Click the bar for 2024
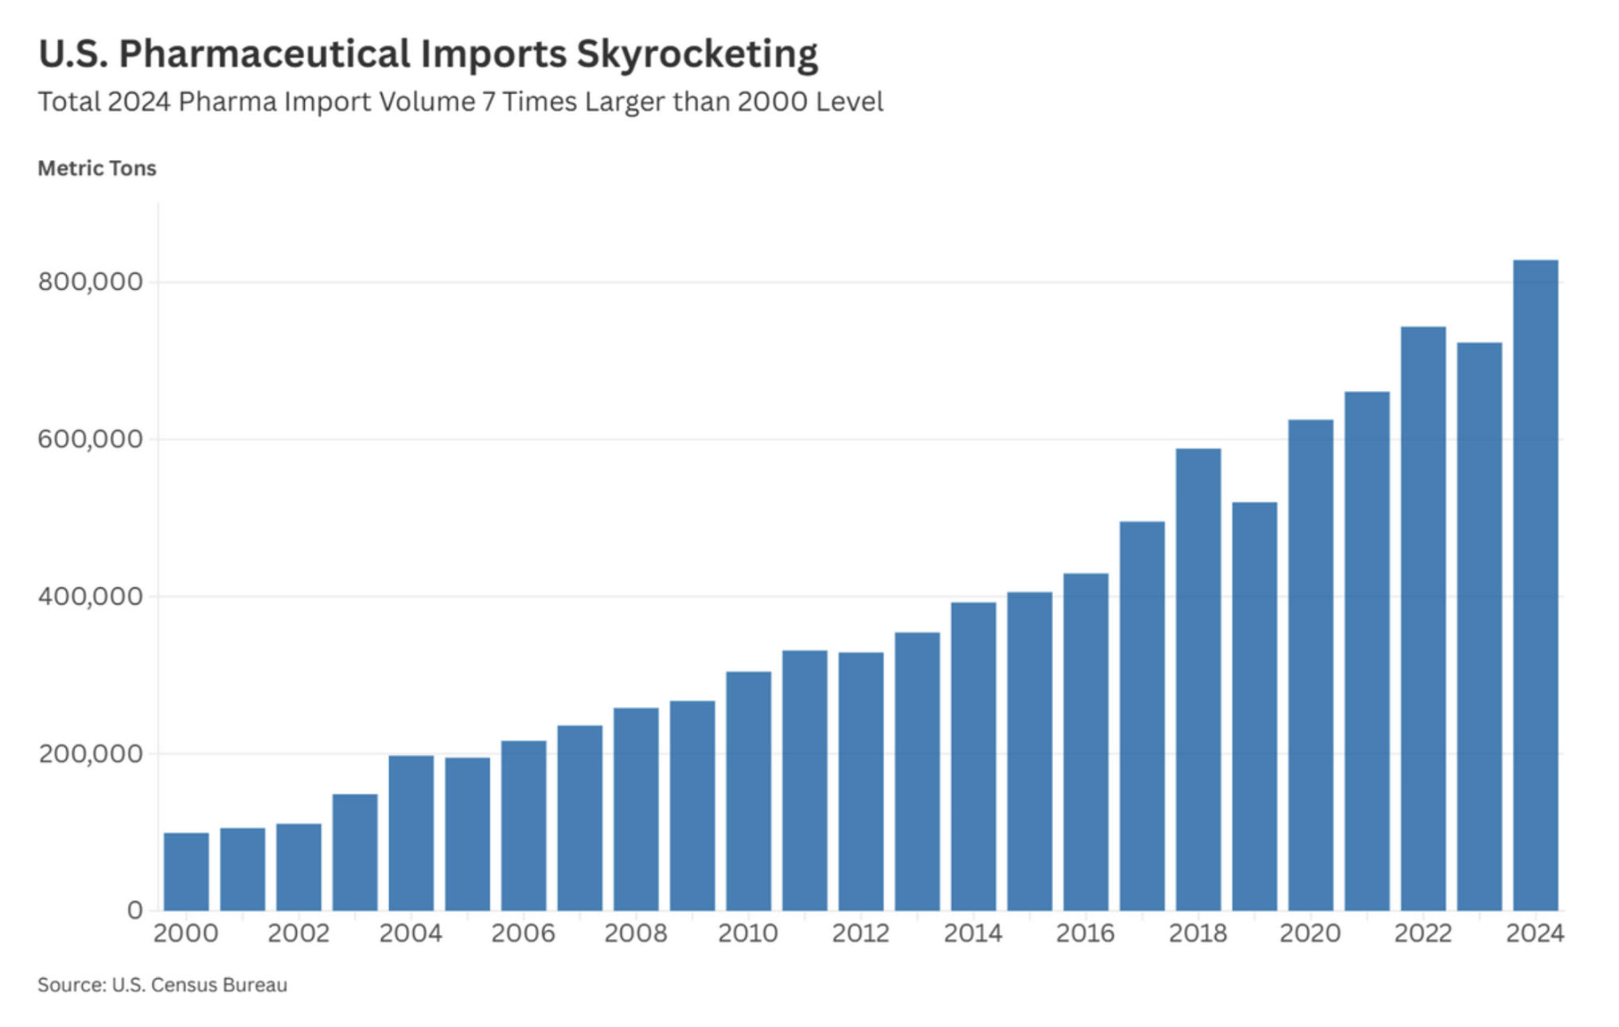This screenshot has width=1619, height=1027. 1535,585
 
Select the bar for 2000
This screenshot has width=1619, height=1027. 186,871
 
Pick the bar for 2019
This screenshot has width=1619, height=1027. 1254,706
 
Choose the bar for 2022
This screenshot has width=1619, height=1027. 1423,619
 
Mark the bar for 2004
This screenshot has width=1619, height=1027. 411,833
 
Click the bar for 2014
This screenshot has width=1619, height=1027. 973,756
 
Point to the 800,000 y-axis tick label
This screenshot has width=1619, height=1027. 90,282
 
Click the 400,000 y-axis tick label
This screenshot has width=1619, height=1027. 90,596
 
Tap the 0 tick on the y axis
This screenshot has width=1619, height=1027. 135,910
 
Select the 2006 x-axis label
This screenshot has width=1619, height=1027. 523,933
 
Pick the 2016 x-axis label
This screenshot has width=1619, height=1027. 1085,933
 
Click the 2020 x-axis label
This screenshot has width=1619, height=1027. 1310,933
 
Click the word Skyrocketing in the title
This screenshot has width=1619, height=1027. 696,54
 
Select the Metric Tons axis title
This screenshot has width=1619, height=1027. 97,169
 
